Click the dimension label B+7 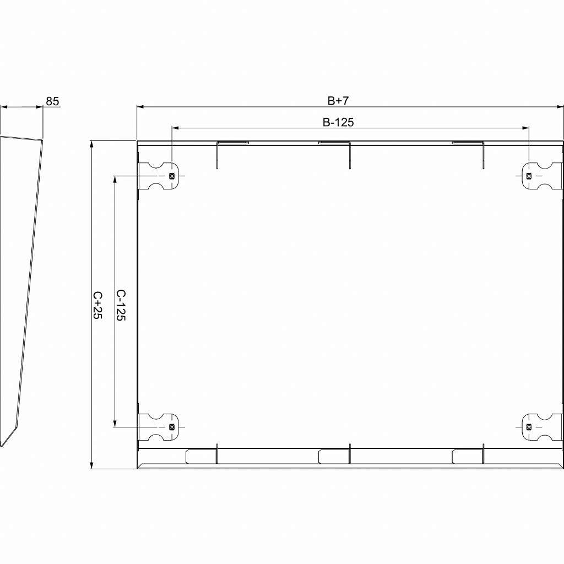[338, 100]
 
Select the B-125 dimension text [338, 122]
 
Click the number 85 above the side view [52, 101]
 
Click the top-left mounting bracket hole [171, 176]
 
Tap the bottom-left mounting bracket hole [171, 427]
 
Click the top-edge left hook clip [232, 143]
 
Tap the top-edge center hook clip [334, 143]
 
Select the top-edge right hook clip [468, 143]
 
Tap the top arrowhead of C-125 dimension [115, 179]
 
